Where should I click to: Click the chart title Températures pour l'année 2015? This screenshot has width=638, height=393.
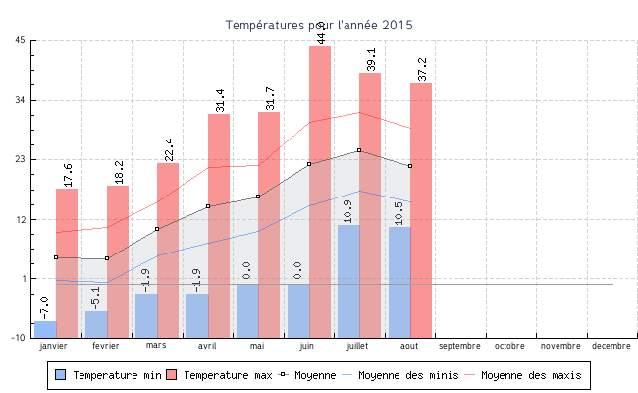319,25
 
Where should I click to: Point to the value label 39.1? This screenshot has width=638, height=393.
371,59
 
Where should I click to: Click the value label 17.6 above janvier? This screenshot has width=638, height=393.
68,175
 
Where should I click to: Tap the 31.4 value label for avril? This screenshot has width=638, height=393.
219,100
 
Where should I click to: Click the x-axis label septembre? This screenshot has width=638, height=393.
459,346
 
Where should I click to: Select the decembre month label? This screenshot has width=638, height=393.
611,346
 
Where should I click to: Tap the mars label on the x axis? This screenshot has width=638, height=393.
157,346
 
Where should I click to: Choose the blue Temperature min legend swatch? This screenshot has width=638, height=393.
61,375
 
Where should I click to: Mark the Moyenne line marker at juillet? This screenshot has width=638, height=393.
359,150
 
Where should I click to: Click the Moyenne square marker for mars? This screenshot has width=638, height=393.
157,229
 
